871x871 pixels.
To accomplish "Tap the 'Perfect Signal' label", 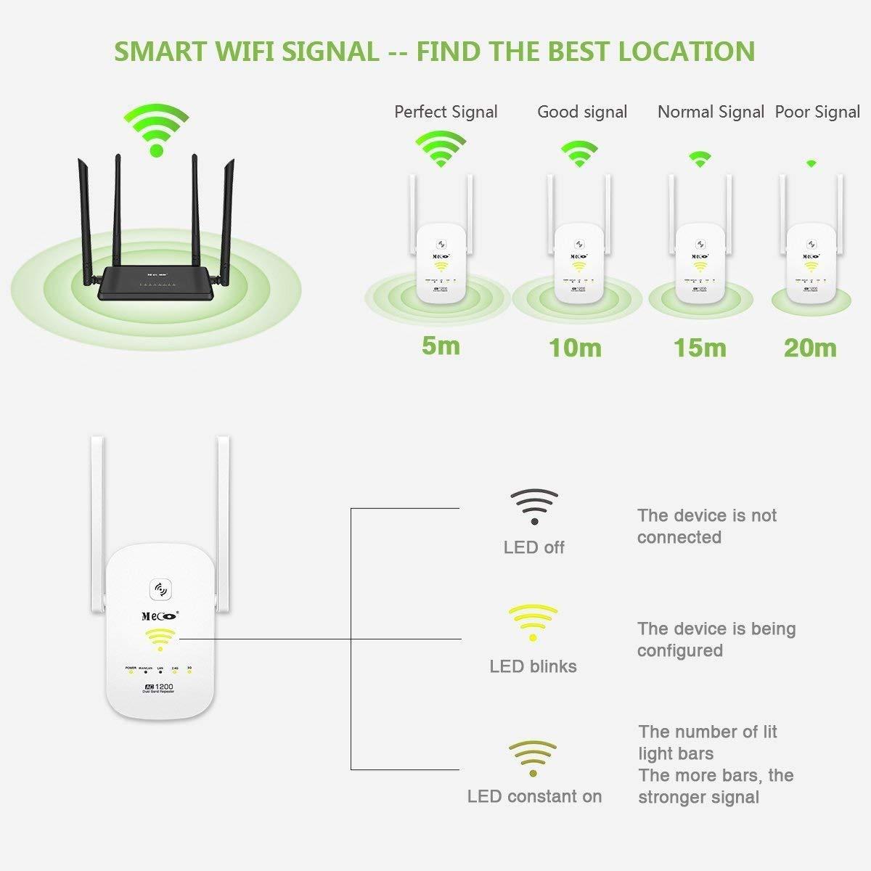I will pyautogui.click(x=446, y=112).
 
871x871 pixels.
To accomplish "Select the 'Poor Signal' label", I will pyautogui.click(x=817, y=112).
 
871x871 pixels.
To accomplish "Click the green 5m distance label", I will pyautogui.click(x=441, y=345).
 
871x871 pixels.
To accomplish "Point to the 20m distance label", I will pyautogui.click(x=810, y=348).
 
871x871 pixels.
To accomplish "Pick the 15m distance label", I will pyautogui.click(x=700, y=348).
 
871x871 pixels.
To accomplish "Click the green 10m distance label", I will pyautogui.click(x=575, y=348).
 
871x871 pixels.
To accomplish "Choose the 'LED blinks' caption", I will pyautogui.click(x=533, y=666).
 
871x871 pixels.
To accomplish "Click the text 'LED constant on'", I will pyautogui.click(x=534, y=796).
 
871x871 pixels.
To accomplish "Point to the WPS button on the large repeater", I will pyautogui.click(x=159, y=589).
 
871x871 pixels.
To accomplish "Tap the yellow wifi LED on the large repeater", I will pyautogui.click(x=160, y=639).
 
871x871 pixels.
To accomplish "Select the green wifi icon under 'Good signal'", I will pyautogui.click(x=580, y=154).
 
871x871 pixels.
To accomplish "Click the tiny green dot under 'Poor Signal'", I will pyautogui.click(x=811, y=164).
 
